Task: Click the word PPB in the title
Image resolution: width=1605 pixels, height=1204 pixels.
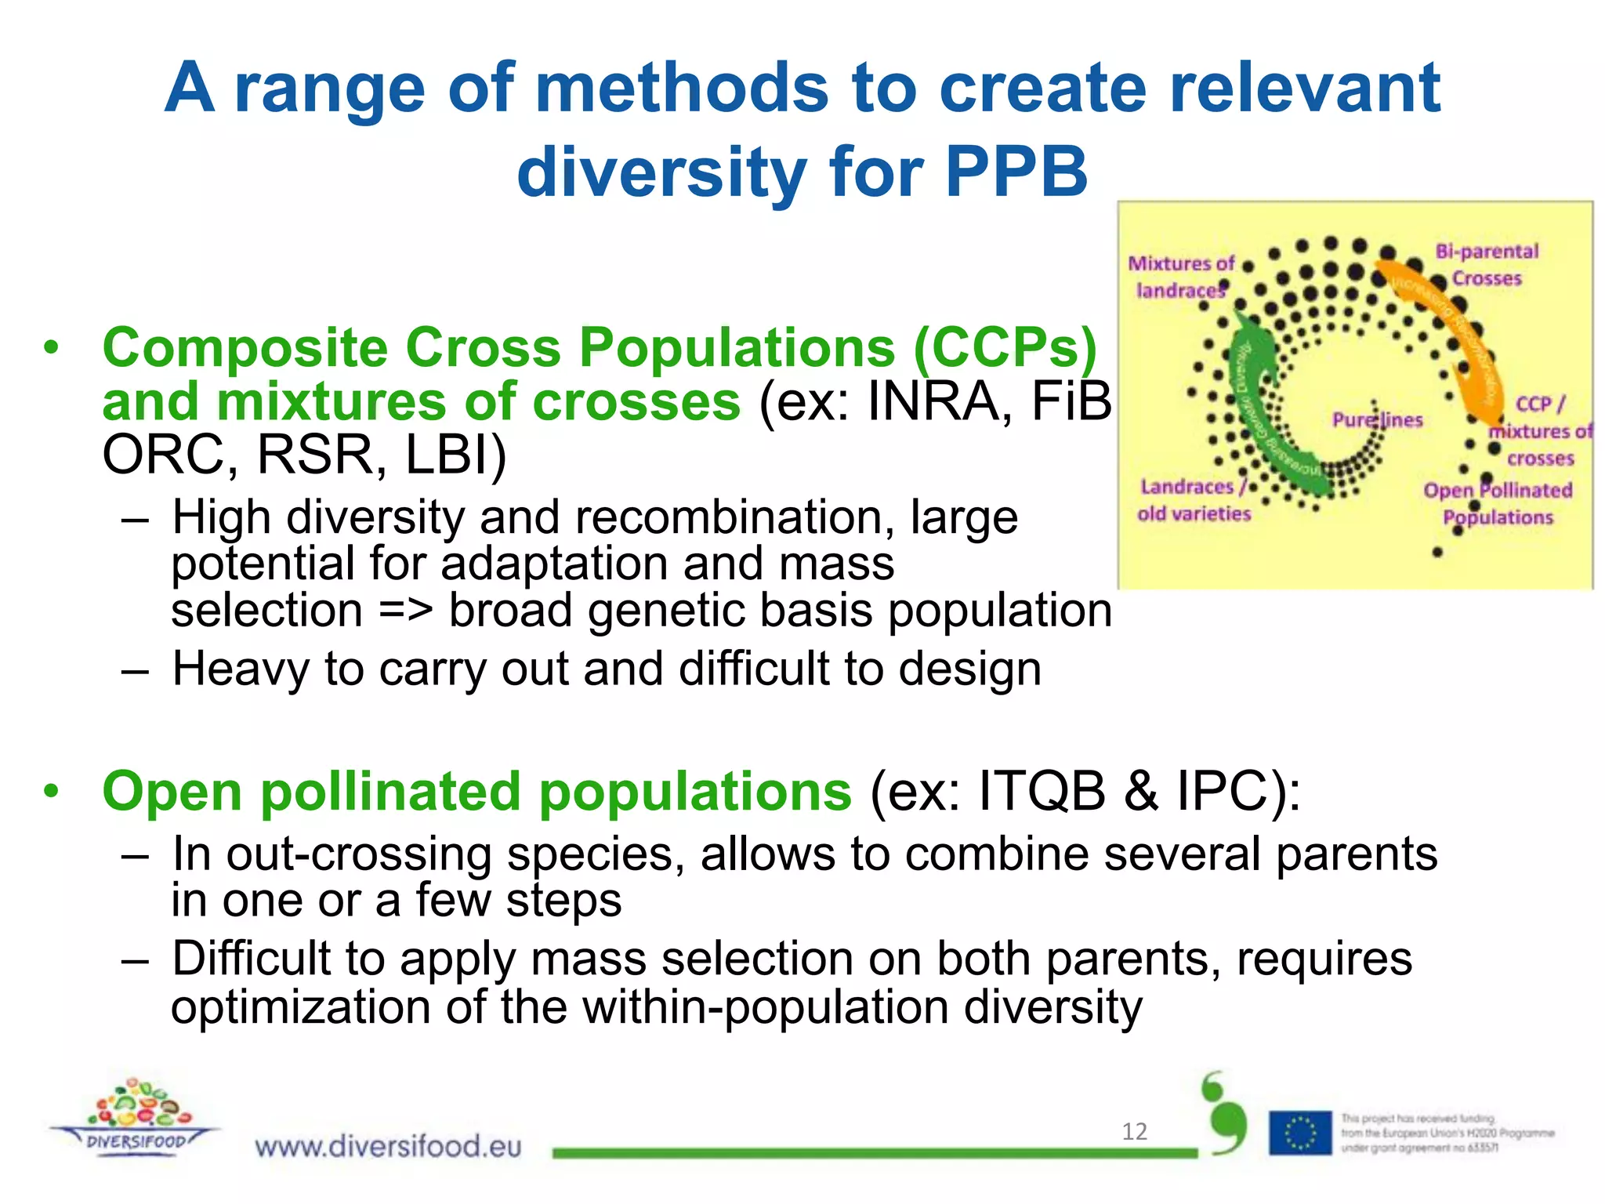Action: (x=1016, y=172)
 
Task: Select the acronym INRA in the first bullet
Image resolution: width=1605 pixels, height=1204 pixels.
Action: (x=935, y=402)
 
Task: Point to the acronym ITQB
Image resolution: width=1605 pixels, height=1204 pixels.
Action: (x=1042, y=791)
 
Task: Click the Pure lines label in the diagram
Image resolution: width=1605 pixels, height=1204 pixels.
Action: (x=1377, y=420)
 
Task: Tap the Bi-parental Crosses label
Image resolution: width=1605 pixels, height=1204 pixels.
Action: (x=1486, y=265)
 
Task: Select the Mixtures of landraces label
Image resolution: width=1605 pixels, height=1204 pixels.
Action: (x=1181, y=277)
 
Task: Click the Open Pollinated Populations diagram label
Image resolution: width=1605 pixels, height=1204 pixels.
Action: (x=1498, y=504)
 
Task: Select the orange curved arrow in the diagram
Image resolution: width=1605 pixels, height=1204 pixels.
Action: (x=1450, y=329)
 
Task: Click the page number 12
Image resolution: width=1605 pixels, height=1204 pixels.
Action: (x=1134, y=1131)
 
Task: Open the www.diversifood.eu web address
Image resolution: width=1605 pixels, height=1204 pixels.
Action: (x=388, y=1147)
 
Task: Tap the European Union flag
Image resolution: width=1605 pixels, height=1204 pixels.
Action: (x=1300, y=1133)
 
